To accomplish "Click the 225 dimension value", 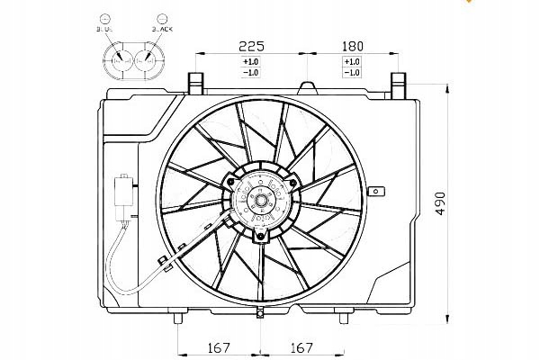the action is (250, 44).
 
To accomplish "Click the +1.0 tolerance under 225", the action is (250, 61).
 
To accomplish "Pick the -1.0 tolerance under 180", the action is (352, 72).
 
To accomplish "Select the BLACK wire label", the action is (162, 29).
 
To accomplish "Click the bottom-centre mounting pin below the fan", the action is (260, 312).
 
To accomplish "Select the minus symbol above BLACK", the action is (162, 17).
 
